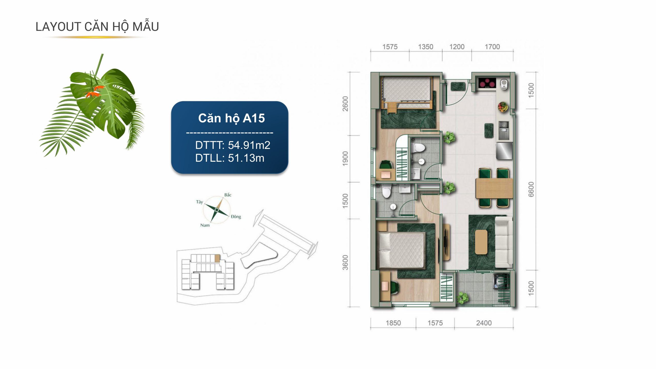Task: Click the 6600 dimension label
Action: pos(531,189)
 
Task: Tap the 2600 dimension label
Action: pos(345,104)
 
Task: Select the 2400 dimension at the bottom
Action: pos(484,323)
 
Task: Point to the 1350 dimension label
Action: pos(426,47)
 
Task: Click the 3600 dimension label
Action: pos(345,263)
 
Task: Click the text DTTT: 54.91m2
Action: pos(233,145)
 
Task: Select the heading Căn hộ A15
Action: pos(231,118)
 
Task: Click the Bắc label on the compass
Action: pos(228,195)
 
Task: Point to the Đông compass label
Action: pos(236,217)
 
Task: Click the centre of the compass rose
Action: pos(217,210)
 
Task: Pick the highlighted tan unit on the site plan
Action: pos(217,258)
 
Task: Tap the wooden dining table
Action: pos(494,188)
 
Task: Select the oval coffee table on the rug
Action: pos(481,242)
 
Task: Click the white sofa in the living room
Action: pos(504,242)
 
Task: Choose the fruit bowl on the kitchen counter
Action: pos(503,107)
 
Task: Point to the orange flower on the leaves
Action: pos(94,91)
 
